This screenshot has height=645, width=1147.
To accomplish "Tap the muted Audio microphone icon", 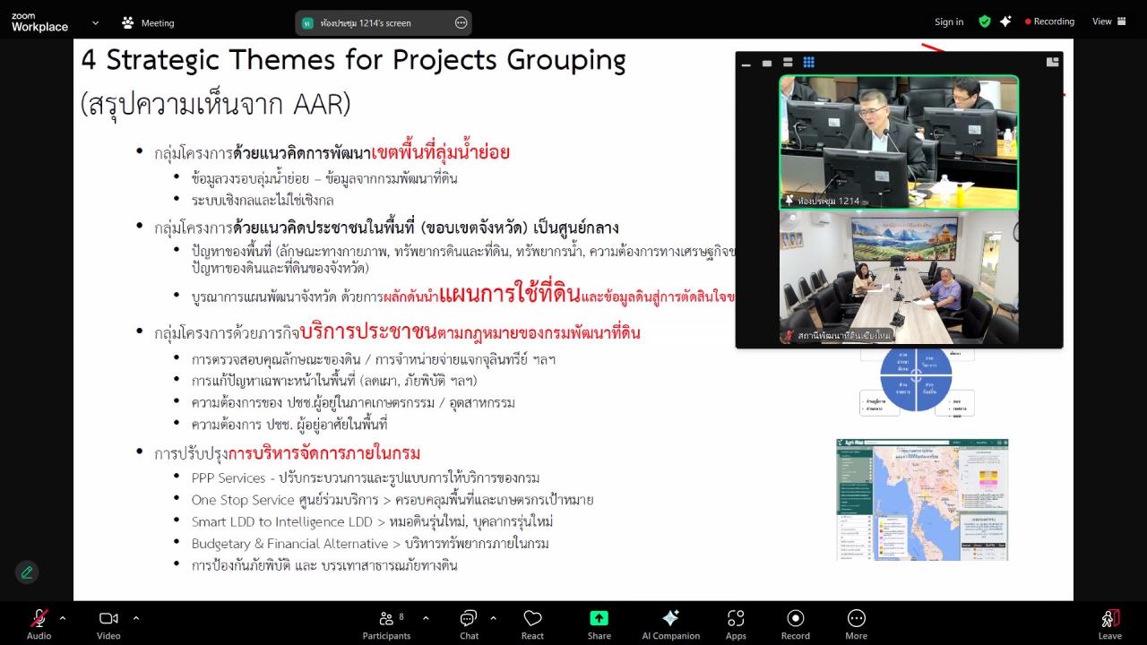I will click(39, 618).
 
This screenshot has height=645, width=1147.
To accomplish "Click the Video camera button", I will click(108, 618).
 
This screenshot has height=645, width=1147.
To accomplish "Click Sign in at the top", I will click(949, 21).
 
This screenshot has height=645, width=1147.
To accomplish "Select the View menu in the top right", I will click(1108, 21).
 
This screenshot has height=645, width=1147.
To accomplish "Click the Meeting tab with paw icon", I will click(148, 22).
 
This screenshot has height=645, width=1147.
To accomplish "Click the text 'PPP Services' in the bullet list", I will click(229, 477).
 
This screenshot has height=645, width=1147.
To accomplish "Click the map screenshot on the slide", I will click(922, 499).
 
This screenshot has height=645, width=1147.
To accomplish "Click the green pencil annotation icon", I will click(27, 572).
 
